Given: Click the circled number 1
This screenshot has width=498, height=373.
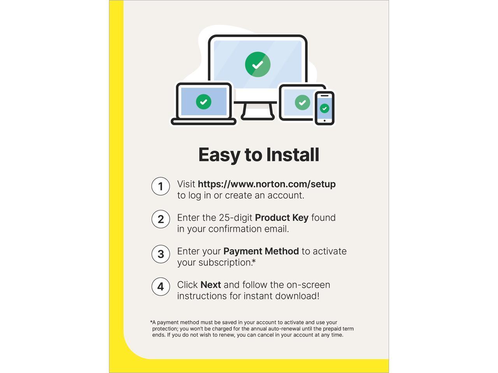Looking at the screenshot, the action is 160,186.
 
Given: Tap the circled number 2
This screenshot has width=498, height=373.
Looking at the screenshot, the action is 160,219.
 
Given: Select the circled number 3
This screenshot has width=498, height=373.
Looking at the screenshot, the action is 160,254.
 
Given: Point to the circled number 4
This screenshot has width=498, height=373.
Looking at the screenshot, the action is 160,286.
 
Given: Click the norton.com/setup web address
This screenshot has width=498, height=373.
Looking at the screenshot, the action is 267,184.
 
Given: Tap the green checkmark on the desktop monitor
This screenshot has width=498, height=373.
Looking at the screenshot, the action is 258,64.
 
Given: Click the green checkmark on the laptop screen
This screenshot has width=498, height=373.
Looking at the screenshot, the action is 203,102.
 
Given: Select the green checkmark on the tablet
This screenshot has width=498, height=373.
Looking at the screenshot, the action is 302,103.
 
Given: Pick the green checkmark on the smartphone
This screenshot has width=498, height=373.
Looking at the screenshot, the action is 324,108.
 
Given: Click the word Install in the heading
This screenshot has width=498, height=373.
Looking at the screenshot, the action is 293,155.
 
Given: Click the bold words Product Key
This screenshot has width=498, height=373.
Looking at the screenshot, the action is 282,218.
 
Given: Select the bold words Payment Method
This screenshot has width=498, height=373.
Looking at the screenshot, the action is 261,251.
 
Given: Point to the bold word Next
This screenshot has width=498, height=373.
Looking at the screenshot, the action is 210,285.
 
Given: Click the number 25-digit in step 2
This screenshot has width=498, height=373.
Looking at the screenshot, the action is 235,218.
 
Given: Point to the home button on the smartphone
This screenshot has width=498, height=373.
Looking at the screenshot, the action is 324,121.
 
